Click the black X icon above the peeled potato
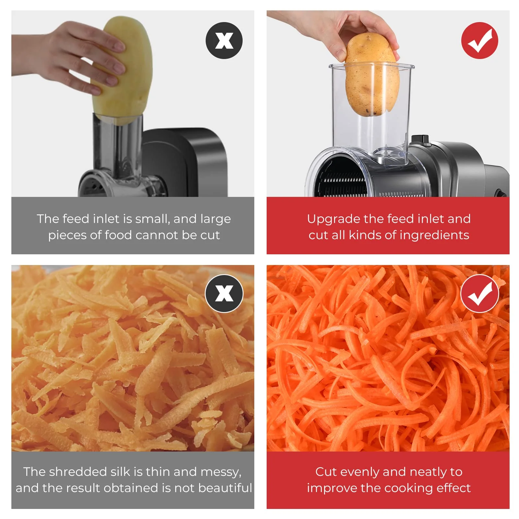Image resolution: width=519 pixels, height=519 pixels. point(224,41)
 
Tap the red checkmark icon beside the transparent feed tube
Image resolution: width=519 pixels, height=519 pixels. point(479,41)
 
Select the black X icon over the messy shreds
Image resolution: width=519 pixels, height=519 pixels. point(224,294)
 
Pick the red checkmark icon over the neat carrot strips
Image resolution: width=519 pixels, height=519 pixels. point(479,294)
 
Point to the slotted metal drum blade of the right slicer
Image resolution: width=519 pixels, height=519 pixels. point(344,182)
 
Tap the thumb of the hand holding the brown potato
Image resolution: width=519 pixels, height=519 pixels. point(337,52)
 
